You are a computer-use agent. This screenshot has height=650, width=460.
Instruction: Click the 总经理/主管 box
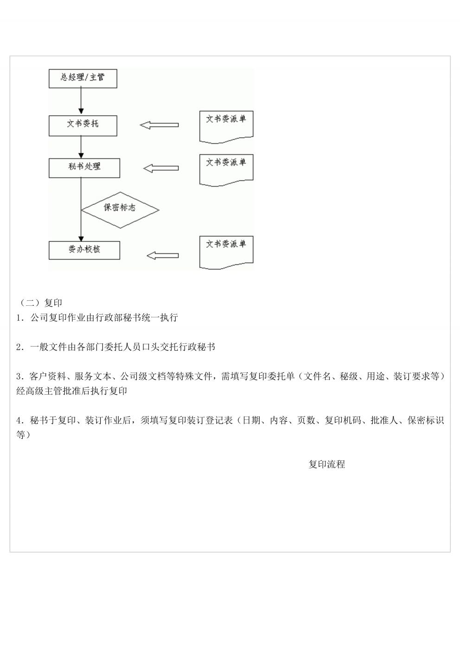(83, 78)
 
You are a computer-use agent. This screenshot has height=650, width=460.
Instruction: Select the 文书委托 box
(83, 126)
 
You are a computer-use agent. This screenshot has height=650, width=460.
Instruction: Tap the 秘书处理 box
(84, 168)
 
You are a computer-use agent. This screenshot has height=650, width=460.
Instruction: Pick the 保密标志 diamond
(120, 210)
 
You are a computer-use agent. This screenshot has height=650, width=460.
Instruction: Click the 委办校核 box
(84, 250)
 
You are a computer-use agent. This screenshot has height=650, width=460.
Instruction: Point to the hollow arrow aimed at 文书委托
(159, 125)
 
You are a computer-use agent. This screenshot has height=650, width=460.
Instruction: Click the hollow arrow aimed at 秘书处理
(161, 168)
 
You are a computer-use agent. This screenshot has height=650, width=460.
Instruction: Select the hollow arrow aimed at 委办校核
(163, 256)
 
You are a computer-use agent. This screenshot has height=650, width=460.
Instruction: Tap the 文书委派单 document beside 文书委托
(226, 127)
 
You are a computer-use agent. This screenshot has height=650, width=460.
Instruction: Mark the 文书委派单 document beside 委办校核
(226, 252)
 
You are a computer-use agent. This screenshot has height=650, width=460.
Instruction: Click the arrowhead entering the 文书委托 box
(81, 111)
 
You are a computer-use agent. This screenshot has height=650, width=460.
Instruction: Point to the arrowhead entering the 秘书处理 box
(81, 156)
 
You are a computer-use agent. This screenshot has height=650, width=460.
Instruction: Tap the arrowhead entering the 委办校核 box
(81, 238)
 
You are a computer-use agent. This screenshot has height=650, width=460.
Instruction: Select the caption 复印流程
(327, 464)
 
